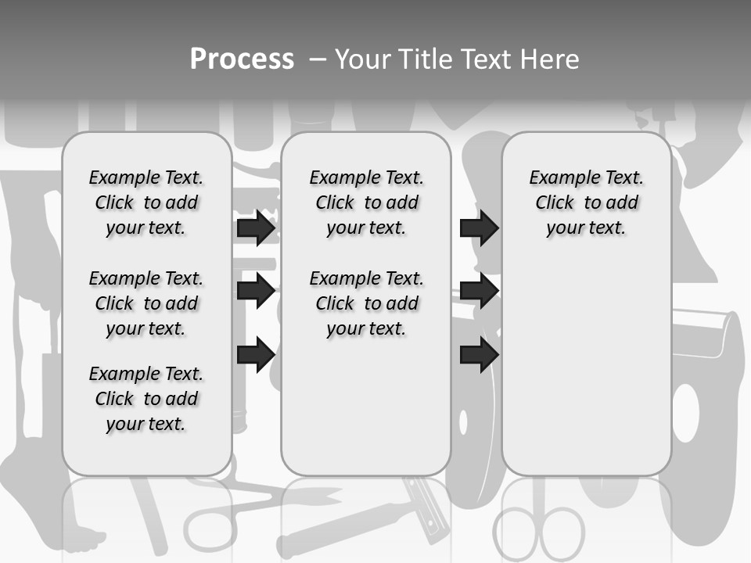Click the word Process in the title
click(x=242, y=59)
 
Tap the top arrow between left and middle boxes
click(x=256, y=228)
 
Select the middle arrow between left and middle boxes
click(x=256, y=291)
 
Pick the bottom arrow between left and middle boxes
click(x=256, y=354)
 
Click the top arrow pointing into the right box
click(x=479, y=228)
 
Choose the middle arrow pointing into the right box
click(x=479, y=291)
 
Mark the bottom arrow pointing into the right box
click(x=479, y=354)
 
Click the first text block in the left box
click(x=146, y=203)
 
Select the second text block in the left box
click(x=146, y=303)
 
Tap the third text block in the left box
click(x=146, y=399)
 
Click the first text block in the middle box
click(x=366, y=203)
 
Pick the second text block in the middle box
click(x=366, y=303)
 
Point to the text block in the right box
click(x=587, y=203)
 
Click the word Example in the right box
click(x=562, y=178)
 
